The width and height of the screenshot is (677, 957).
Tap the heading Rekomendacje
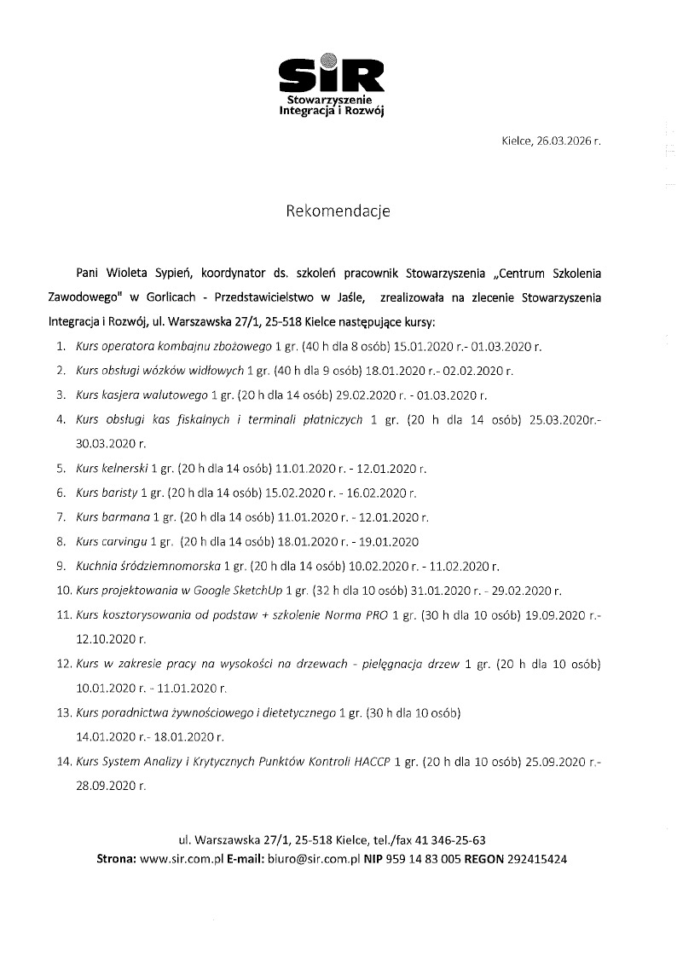[x=338, y=211]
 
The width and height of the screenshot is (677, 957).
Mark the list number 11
[x=62, y=614]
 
